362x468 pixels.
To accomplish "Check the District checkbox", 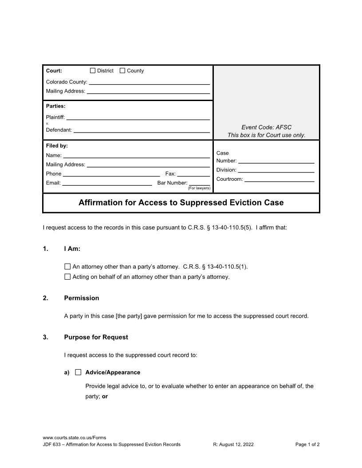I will pos(93,70).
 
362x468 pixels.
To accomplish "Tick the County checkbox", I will pos(122,70).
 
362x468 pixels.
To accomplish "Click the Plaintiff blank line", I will pos(138,118).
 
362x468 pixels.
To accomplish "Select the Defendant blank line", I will pos(141,130).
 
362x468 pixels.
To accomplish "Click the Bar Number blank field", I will pos(199,183).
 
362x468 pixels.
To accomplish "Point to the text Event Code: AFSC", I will pos(266,127).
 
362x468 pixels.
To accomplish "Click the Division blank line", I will pos(276,170).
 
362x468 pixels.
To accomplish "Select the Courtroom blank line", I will pos(279,179).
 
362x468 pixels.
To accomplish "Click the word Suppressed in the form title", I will pos(222,203).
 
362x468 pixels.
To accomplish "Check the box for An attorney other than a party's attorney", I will pos(67,267).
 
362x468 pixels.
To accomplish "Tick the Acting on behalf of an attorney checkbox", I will pos(67,277).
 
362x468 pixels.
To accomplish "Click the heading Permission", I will pos(82,298).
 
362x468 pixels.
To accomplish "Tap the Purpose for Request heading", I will pos(96,337).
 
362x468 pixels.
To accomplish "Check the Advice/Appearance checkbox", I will pos(78,372).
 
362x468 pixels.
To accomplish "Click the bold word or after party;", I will pos(105,397).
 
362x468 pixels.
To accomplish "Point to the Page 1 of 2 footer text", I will pos(307,445).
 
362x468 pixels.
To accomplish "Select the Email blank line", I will pos(107,183).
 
